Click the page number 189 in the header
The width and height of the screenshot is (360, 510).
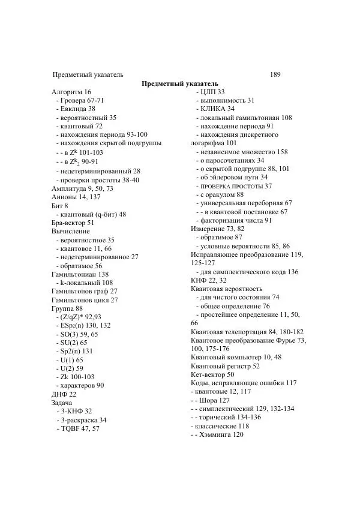275,74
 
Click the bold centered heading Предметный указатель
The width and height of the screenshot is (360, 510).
180,83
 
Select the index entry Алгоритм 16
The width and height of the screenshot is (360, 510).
71,92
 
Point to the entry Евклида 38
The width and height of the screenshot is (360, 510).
76,109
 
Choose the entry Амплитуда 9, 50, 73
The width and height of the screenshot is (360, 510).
82,188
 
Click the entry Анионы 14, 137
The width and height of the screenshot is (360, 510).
76,197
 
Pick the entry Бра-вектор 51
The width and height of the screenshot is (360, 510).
73,223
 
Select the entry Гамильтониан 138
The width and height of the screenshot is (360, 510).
80,274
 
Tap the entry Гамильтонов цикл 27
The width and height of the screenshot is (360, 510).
85,300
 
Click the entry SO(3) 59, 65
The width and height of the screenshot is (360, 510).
78,334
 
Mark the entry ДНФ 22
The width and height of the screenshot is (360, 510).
64,394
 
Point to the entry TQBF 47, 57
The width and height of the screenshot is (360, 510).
78,429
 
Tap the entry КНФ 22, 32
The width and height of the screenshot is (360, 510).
209,280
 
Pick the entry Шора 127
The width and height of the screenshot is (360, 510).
211,400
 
